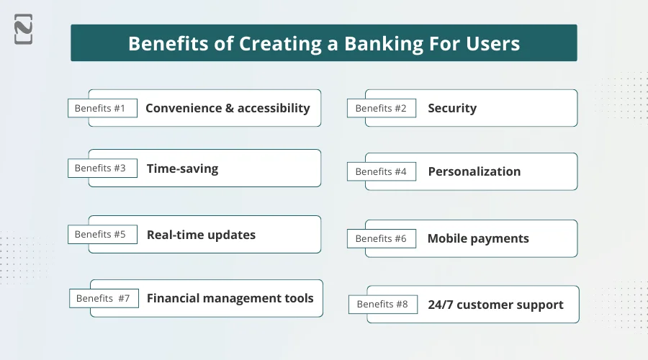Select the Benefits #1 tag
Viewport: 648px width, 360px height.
click(x=102, y=108)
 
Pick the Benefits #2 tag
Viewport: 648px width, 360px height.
click(x=381, y=108)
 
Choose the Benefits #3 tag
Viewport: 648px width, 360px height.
click(x=102, y=168)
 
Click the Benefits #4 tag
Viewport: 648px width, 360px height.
click(x=381, y=171)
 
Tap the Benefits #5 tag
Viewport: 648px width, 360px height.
click(x=102, y=234)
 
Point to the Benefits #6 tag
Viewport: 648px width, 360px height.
click(x=381, y=238)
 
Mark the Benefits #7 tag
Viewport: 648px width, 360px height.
click(x=103, y=298)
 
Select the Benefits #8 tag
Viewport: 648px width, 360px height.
click(x=382, y=304)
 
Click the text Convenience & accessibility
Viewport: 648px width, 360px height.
click(x=228, y=108)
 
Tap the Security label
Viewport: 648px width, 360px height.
click(x=452, y=108)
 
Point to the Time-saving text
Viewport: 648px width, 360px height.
click(x=182, y=168)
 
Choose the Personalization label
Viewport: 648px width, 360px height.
click(x=474, y=171)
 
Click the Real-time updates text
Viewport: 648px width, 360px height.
click(x=201, y=235)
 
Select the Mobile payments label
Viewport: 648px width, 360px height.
click(x=478, y=238)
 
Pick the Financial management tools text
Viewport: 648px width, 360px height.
click(x=230, y=298)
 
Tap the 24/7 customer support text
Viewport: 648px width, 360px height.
click(x=495, y=305)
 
